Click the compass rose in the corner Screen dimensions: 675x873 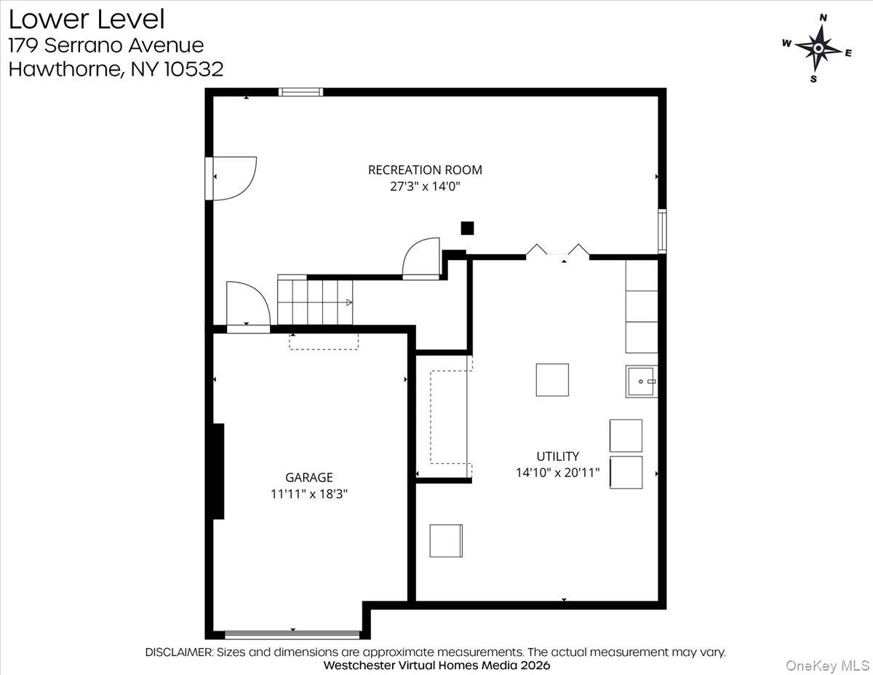pyautogui.click(x=818, y=48)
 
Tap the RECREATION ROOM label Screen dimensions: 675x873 pyautogui.click(x=425, y=170)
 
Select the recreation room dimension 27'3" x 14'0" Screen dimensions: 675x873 pyautogui.click(x=425, y=186)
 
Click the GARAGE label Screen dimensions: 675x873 pyautogui.click(x=308, y=478)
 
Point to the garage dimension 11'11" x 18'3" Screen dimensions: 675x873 pyautogui.click(x=308, y=494)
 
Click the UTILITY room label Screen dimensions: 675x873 pyautogui.click(x=557, y=457)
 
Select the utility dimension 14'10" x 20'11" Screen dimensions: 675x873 pyautogui.click(x=557, y=473)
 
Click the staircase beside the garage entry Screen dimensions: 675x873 pyautogui.click(x=315, y=301)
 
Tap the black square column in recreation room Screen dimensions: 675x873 pyautogui.click(x=467, y=228)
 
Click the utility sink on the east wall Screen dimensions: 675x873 pyautogui.click(x=641, y=382)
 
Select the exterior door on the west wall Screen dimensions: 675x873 pyautogui.click(x=210, y=178)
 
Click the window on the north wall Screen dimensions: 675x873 pyautogui.click(x=300, y=92)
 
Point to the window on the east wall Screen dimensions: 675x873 pyautogui.click(x=662, y=230)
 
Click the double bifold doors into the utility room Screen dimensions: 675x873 pyautogui.click(x=557, y=252)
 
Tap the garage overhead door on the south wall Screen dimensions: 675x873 pyautogui.click(x=292, y=634)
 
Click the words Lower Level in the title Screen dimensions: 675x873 pyautogui.click(x=87, y=18)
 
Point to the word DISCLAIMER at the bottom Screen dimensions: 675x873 pyautogui.click(x=179, y=652)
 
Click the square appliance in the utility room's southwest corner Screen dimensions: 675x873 pyautogui.click(x=446, y=540)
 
